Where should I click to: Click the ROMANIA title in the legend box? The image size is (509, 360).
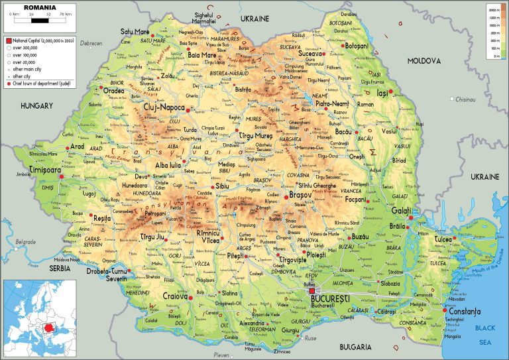[x=38, y=8]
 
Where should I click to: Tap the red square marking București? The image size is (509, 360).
[x=312, y=290]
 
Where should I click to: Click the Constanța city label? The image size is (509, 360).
[x=464, y=311]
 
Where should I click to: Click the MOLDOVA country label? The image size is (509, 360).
[x=424, y=60]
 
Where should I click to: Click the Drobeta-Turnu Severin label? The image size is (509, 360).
[x=107, y=274]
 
